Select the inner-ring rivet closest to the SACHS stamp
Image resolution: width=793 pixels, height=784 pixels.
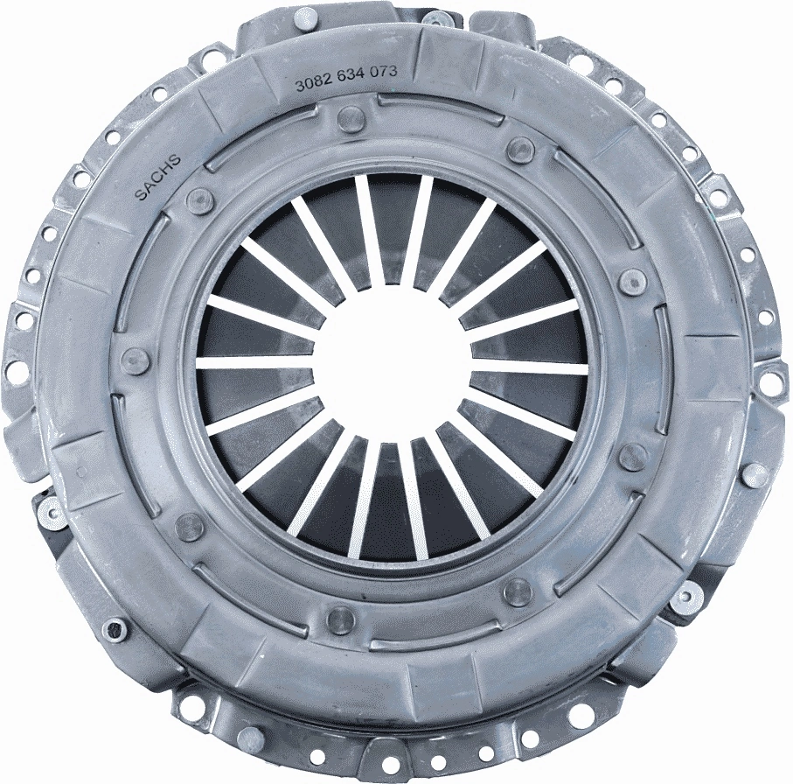200,199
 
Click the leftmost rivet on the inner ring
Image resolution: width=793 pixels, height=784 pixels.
136,360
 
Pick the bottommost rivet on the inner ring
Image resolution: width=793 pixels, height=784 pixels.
340,619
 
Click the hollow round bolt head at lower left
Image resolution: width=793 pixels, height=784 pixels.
115,628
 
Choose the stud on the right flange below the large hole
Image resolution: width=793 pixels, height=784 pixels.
754,474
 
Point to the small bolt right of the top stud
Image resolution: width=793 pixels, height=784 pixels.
435,19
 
